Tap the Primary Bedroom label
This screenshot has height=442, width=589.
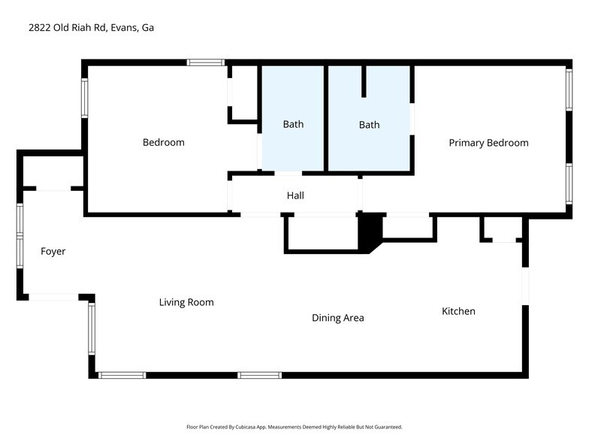pyautogui.click(x=488, y=143)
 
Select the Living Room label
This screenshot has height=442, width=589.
pyautogui.click(x=186, y=302)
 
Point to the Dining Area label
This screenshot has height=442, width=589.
pyautogui.click(x=337, y=318)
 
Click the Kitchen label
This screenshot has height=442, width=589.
pyautogui.click(x=458, y=311)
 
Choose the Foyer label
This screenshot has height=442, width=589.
pyautogui.click(x=53, y=251)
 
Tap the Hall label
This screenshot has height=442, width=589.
pyautogui.click(x=295, y=195)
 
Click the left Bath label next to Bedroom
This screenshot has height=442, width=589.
pyautogui.click(x=293, y=124)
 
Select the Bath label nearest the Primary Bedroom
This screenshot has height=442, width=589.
pyautogui.click(x=369, y=125)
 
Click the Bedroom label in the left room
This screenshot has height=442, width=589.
pyautogui.click(x=163, y=142)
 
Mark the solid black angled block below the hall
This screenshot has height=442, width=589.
pyautogui.click(x=370, y=231)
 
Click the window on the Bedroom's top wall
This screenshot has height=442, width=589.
pyautogui.click(x=206, y=62)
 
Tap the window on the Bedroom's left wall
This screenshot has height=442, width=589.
pyautogui.click(x=85, y=99)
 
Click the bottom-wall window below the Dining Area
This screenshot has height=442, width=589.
pyautogui.click(x=259, y=374)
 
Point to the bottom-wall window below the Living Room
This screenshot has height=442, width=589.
pyautogui.click(x=122, y=374)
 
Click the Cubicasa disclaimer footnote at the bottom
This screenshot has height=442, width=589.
pyautogui.click(x=294, y=427)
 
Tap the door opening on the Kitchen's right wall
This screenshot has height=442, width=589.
pyautogui.click(x=525, y=286)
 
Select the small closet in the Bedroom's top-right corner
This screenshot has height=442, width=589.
pyautogui.click(x=244, y=92)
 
